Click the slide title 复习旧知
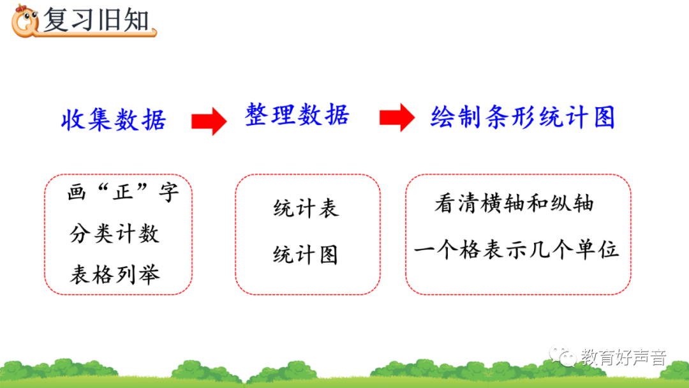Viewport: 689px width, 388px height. click(x=96, y=20)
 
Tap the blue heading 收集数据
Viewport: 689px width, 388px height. click(x=114, y=119)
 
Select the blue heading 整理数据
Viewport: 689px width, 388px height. click(x=297, y=116)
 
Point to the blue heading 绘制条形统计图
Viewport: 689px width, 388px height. click(x=522, y=118)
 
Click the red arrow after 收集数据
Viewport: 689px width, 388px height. click(x=209, y=120)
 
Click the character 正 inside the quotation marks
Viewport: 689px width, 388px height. click(x=123, y=193)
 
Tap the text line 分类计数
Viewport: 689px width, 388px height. click(x=114, y=234)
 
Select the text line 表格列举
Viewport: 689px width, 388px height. click(x=114, y=274)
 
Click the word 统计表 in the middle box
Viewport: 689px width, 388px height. click(x=306, y=209)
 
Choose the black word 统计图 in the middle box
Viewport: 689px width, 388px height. click(x=306, y=255)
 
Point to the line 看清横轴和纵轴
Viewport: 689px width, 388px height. click(x=514, y=204)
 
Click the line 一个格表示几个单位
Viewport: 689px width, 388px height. click(x=517, y=249)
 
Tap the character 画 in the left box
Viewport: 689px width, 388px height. click(x=77, y=193)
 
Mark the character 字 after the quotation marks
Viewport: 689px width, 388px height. click(x=169, y=193)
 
